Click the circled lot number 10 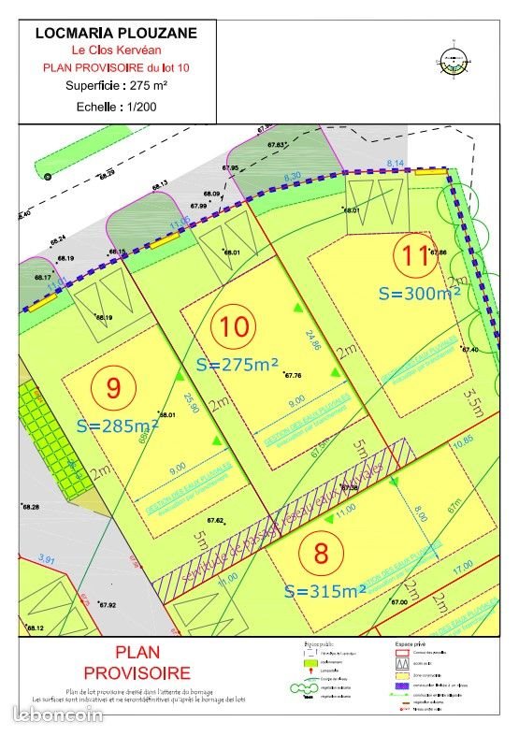236,327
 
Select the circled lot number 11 414,255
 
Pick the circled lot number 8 322,552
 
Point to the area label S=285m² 118,425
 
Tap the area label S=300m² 420,292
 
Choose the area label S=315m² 324,590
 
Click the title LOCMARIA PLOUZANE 116,33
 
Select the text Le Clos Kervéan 116,50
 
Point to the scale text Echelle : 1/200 116,108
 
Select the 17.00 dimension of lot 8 462,566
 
